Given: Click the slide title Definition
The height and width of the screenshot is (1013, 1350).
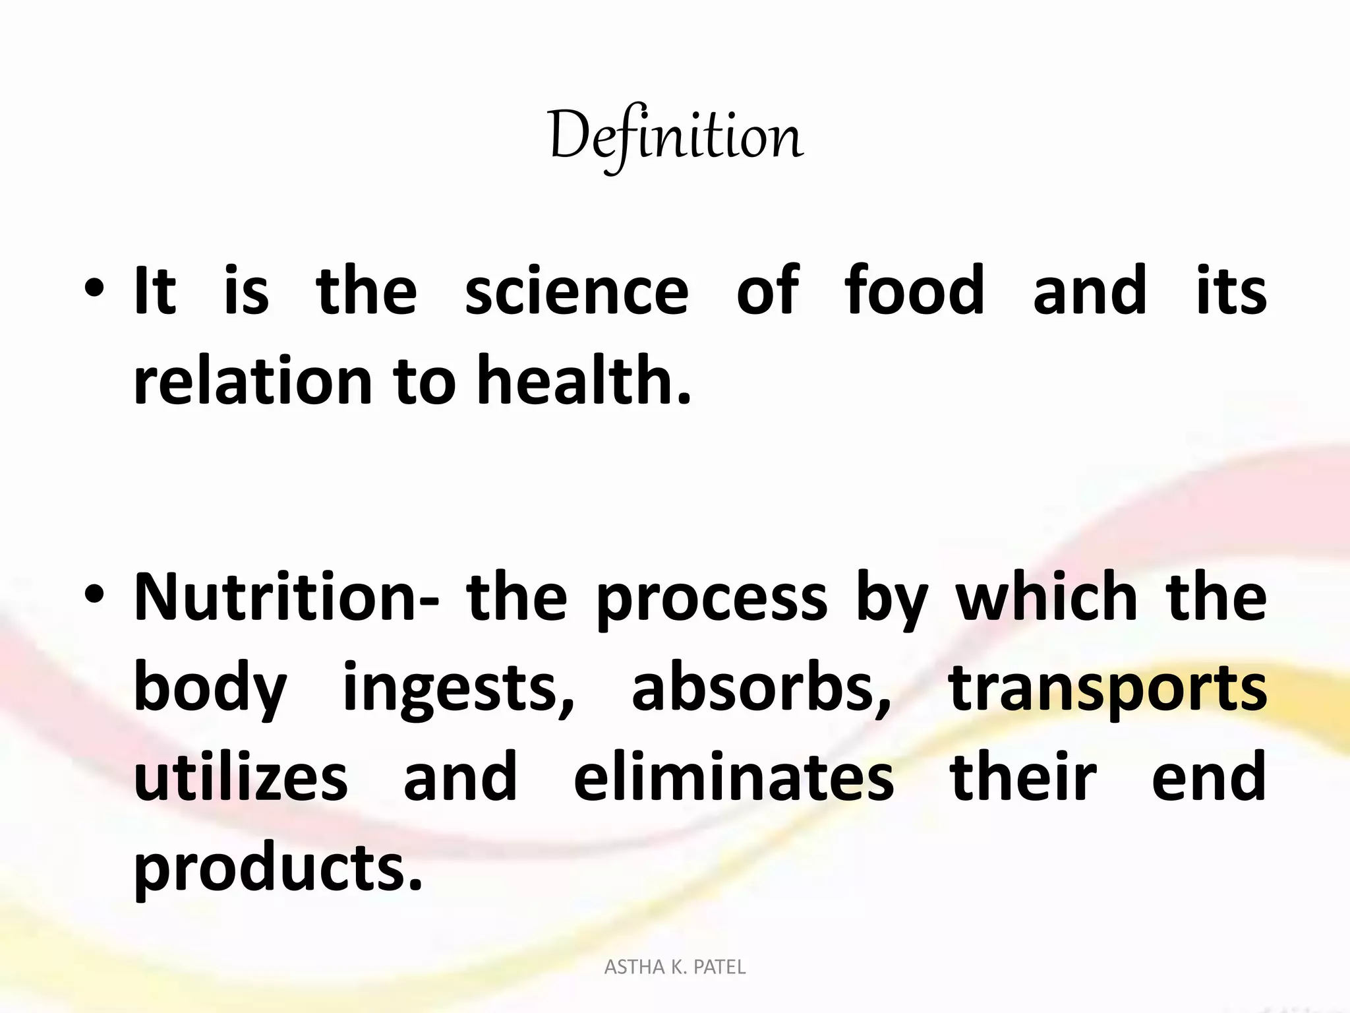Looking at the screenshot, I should (x=675, y=137).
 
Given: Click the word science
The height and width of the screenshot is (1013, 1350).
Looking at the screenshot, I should (x=577, y=290).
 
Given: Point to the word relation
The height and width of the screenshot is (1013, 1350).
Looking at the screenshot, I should (x=253, y=380).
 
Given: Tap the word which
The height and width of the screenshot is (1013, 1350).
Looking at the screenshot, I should (x=1047, y=597).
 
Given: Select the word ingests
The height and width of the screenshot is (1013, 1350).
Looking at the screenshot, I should (x=458, y=689).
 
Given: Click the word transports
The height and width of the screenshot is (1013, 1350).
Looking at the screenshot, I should (x=1107, y=689).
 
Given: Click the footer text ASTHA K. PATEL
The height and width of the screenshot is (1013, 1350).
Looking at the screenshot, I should (x=675, y=967).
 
